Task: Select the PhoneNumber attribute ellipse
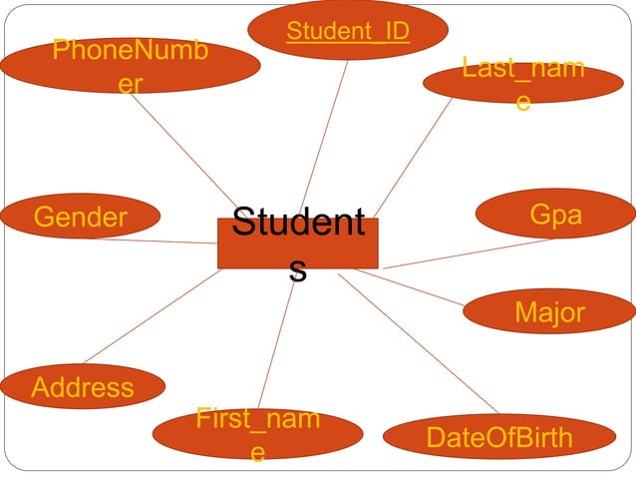pyautogui.click(x=130, y=65)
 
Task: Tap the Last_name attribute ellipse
pyautogui.click(x=522, y=84)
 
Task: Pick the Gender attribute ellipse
pyautogui.click(x=81, y=217)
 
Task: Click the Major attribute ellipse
pyautogui.click(x=549, y=312)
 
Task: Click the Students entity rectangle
pyautogui.click(x=297, y=243)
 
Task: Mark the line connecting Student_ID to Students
pyautogui.click(x=325, y=135)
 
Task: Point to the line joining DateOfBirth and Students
pyautogui.click(x=419, y=342)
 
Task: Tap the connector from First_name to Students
pyautogui.click(x=276, y=339)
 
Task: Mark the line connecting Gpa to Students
pyautogui.click(x=469, y=253)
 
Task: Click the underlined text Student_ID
pyautogui.click(x=347, y=32)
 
